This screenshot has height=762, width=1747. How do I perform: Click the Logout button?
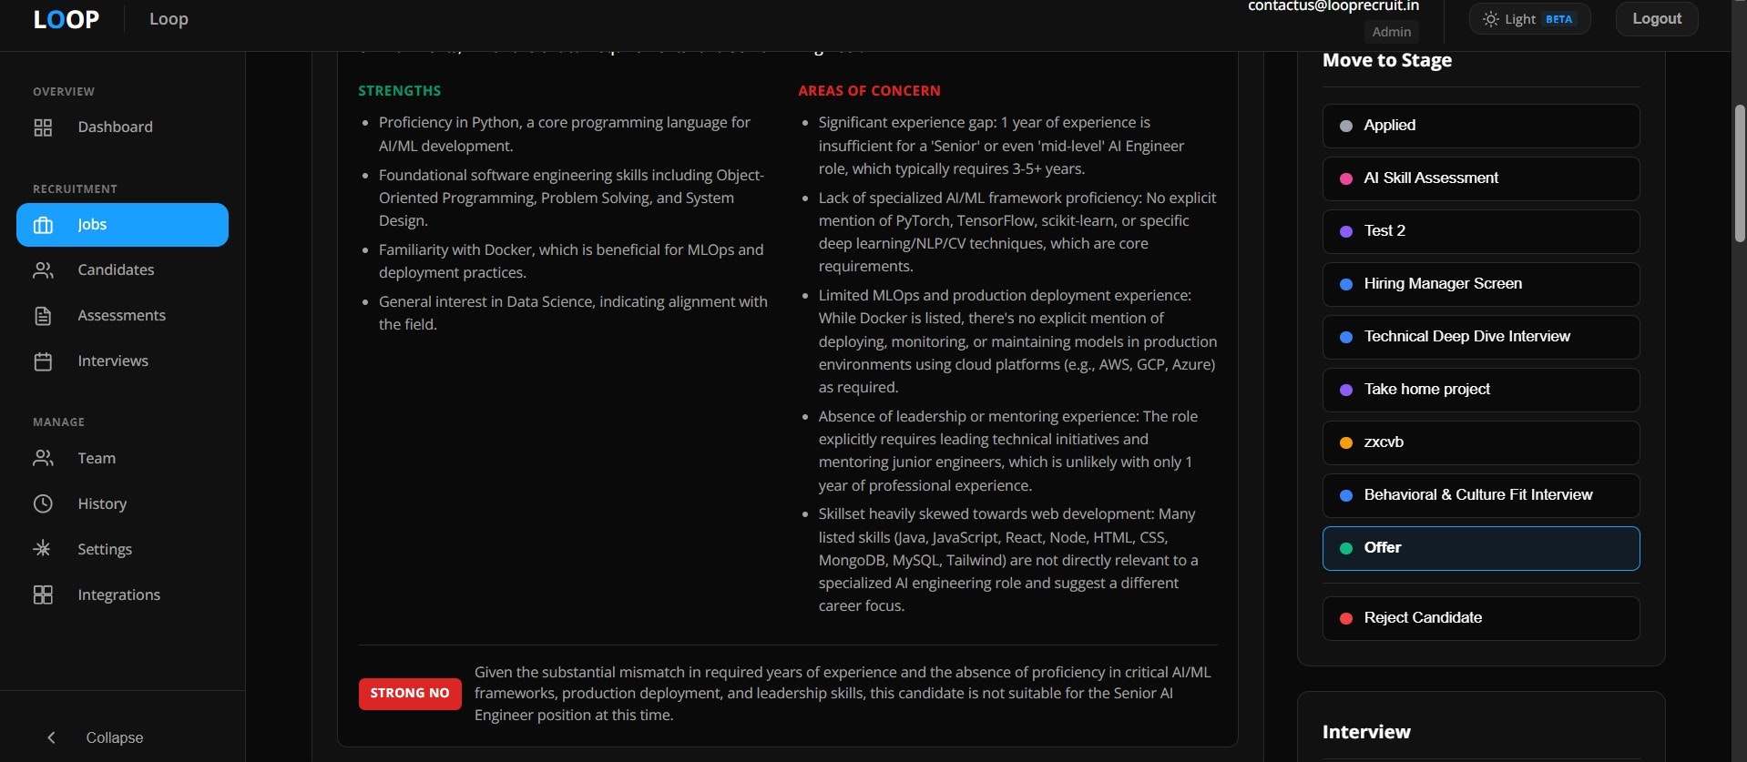1656,19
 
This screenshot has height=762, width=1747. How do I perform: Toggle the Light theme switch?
1529,19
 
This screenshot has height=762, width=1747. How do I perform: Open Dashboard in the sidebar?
115,127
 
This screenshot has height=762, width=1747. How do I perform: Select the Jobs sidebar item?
122,225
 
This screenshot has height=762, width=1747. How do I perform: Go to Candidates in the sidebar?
116,270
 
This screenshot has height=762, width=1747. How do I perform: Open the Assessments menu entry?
121,316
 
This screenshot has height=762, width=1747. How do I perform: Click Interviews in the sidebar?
113,361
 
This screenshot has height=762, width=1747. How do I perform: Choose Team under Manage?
97,459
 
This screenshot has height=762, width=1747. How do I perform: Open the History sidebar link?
102,504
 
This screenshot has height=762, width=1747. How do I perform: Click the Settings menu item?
105,550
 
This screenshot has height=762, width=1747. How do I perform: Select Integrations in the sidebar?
118,595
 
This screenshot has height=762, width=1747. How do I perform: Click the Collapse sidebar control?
98,737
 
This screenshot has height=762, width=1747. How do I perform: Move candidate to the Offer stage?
1480,548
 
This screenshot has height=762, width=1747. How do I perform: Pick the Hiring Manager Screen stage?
1480,284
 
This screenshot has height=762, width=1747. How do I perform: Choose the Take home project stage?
1480,390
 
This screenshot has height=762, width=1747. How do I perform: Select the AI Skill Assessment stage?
1480,178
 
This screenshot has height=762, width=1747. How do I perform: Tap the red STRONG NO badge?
410,694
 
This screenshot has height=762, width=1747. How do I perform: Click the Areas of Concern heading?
869,91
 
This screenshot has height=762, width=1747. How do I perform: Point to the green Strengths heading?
399,91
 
